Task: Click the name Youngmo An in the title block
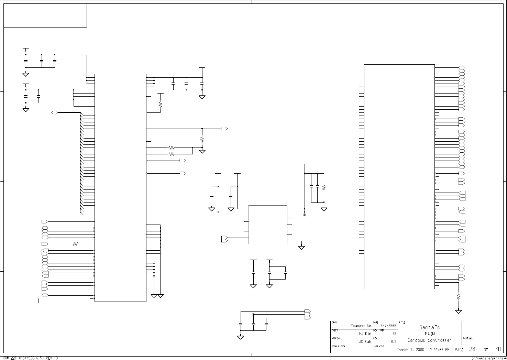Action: click(x=361, y=326)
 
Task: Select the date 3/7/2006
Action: click(x=388, y=326)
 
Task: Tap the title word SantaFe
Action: click(x=430, y=327)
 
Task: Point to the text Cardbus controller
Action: click(x=430, y=340)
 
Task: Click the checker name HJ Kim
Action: click(x=365, y=333)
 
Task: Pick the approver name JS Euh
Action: click(x=365, y=342)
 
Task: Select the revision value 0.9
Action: click(x=394, y=342)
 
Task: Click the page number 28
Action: click(x=472, y=349)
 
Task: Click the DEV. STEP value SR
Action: click(x=395, y=334)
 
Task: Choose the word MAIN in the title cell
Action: click(x=430, y=334)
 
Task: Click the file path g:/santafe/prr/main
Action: click(x=488, y=358)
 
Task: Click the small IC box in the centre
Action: click(x=268, y=225)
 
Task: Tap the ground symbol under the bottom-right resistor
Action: click(x=458, y=312)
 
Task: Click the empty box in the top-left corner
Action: click(x=45, y=15)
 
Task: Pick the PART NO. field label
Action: click(x=468, y=339)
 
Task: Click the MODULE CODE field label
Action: click(x=338, y=347)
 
